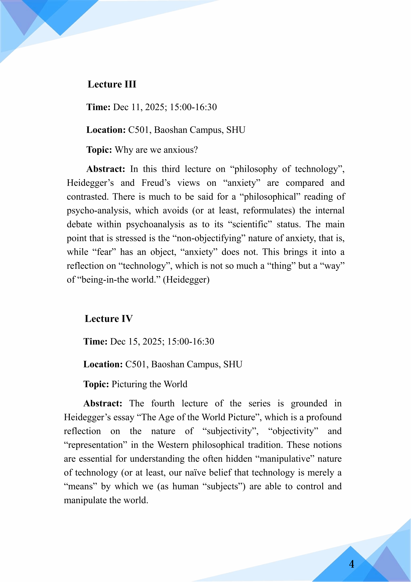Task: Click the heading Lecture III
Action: tap(112, 84)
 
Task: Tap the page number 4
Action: tap(352, 564)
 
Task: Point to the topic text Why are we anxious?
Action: tap(156, 150)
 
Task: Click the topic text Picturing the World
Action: tap(149, 384)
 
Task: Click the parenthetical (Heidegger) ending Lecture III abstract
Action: tap(186, 280)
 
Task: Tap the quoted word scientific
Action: tap(250, 224)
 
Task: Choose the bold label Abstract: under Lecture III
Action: tap(106, 169)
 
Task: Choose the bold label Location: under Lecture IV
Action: tap(103, 365)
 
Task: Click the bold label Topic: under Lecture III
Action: tap(99, 150)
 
